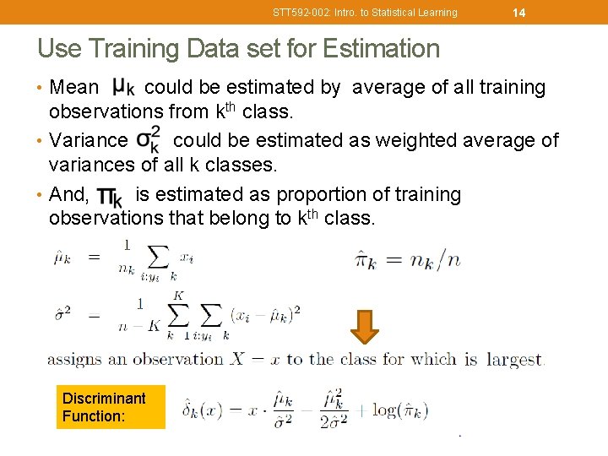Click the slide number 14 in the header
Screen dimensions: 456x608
pos(518,12)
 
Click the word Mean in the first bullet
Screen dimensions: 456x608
pos(73,87)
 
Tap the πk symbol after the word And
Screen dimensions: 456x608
pos(110,196)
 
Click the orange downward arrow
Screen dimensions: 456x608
pos(364,327)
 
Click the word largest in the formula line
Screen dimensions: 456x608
pos(513,360)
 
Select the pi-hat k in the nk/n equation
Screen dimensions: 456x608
pos(366,258)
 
